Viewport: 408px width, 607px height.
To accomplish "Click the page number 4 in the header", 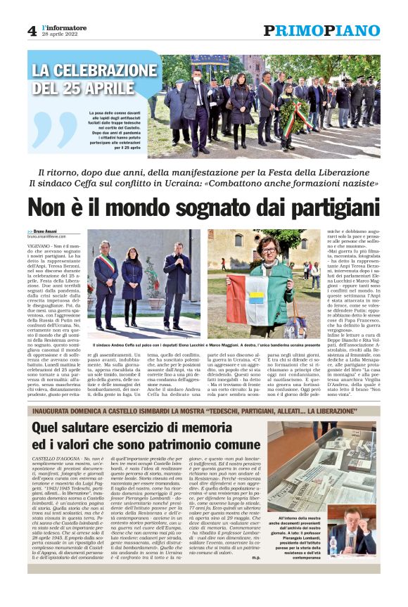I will point(32,30).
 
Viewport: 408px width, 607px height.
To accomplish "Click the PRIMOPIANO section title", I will point(321,30).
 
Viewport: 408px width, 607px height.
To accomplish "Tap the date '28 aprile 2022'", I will point(58,34).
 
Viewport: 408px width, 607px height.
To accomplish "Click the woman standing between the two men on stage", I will point(132,285).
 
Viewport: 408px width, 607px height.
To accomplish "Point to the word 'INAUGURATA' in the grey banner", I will point(57,411).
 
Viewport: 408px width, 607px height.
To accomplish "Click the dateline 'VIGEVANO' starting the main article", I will point(40,245).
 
